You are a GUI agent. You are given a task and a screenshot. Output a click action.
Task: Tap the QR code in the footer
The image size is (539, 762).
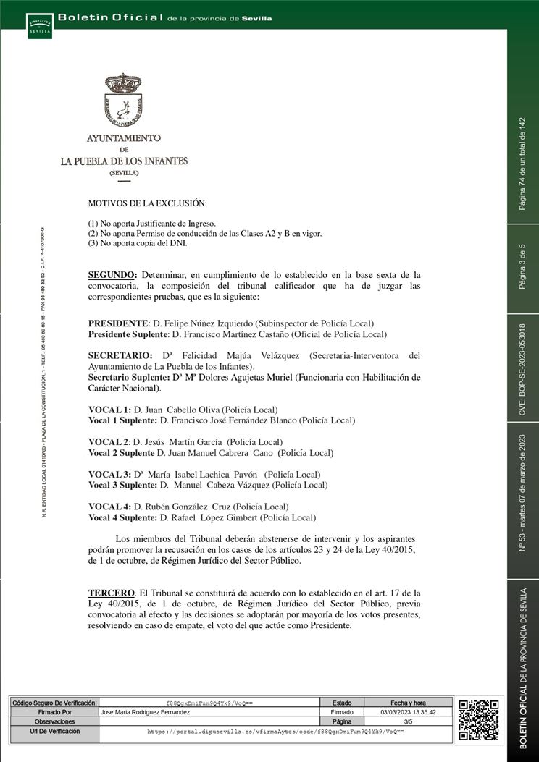[479, 719]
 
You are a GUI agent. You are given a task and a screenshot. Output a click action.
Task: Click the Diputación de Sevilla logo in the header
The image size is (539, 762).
[39, 25]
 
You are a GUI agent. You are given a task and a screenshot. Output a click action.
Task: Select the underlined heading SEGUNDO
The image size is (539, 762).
[112, 276]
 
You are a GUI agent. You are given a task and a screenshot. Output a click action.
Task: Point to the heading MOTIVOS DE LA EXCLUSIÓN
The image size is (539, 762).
[147, 205]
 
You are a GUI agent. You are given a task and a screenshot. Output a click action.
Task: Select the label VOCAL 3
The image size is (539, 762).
[109, 474]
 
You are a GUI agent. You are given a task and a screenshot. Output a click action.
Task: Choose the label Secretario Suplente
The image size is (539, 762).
[128, 378]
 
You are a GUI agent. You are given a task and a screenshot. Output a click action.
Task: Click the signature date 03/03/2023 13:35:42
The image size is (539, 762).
[408, 712]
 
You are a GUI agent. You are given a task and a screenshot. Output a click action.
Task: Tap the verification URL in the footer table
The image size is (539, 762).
[275, 732]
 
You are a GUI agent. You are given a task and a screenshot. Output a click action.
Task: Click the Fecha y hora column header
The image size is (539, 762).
[408, 703]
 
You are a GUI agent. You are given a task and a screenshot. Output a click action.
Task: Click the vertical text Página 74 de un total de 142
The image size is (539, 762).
[522, 164]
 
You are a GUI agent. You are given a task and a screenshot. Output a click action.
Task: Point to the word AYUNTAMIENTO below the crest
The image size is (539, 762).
[124, 137]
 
